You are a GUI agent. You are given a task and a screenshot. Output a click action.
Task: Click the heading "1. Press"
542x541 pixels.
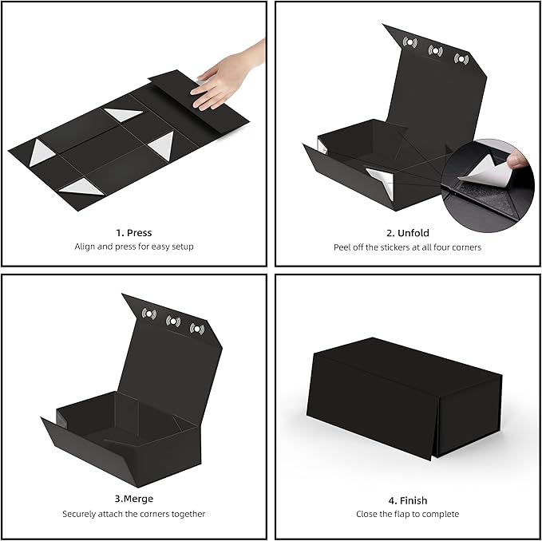133,233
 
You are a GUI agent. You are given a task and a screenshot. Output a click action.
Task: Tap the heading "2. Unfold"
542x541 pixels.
407,233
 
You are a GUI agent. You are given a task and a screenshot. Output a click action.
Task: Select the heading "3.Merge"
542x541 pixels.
133,500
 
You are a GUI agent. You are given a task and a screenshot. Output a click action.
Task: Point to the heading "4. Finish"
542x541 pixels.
407,500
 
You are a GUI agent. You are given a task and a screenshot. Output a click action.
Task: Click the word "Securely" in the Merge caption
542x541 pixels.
82,514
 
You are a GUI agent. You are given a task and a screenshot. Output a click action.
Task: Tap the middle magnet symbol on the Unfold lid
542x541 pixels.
435,50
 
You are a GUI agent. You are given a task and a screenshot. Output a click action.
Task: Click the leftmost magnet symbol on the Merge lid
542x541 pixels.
149,314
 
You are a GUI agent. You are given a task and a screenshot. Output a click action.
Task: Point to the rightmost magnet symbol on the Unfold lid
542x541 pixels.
461,58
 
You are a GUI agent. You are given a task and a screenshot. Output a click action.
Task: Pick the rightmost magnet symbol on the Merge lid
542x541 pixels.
197,328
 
